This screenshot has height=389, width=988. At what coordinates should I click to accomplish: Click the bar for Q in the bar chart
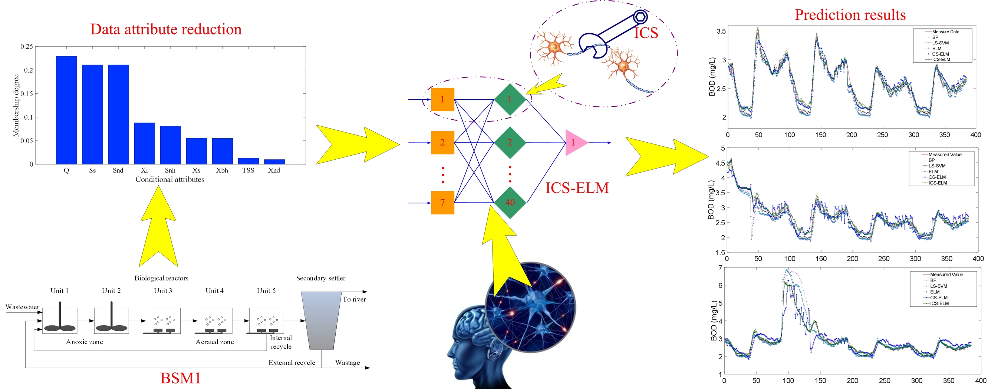pos(66,110)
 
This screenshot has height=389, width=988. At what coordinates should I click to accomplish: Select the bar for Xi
pos(144,143)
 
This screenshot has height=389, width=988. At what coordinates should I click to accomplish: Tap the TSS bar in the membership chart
pos(248,161)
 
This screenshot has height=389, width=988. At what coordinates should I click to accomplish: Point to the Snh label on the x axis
pos(170,170)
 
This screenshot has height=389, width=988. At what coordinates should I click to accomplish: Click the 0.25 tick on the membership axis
pos(27,47)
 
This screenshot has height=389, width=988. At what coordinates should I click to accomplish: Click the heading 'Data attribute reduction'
pos(166,30)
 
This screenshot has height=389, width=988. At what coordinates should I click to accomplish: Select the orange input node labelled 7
pos(442,202)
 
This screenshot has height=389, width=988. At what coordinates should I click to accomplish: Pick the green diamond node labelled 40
pos(510,202)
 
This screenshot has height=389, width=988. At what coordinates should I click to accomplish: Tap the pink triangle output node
pos(575,143)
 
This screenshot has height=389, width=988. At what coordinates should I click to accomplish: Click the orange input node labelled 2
pos(442,143)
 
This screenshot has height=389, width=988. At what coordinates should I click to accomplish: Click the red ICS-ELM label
pos(577,188)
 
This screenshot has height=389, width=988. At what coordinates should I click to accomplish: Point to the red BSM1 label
pos(180,378)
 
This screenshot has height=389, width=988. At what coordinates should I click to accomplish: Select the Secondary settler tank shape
pos(321,320)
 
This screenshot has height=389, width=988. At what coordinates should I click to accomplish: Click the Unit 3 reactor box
pos(163,320)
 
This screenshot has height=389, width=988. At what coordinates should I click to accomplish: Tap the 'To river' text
pos(354,299)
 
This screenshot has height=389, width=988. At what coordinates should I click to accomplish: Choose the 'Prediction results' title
pos(850,15)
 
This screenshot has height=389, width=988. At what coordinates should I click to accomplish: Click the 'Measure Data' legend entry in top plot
pos(945,32)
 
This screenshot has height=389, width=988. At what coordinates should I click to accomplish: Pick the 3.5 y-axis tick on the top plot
pos(721,31)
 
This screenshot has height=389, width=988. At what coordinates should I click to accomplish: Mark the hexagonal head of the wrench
pos(640,16)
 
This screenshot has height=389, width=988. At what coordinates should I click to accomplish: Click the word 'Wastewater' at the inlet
pos(22,307)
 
